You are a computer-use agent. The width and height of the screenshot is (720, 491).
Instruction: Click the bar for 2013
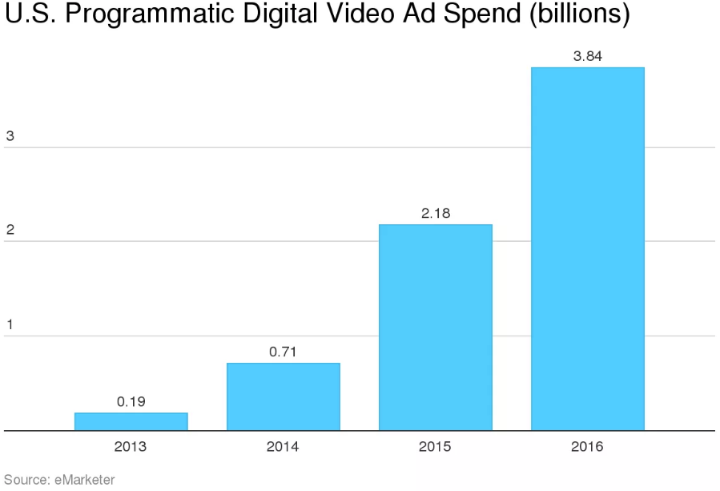131,421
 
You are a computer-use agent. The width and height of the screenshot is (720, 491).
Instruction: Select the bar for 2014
283,396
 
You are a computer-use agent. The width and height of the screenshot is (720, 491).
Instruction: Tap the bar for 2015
435,327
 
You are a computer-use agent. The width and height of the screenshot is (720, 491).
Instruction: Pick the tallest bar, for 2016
587,248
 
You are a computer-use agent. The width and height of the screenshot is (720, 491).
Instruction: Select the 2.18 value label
435,214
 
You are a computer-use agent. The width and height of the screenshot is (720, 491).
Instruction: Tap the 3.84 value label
587,56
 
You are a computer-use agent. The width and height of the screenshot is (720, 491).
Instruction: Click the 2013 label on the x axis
131,447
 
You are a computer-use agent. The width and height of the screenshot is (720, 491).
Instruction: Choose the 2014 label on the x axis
283,447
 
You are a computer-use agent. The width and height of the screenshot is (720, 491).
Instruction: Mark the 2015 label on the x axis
435,447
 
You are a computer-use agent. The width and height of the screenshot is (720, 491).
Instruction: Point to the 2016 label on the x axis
587,447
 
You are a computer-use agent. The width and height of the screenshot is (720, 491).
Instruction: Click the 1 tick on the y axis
10,325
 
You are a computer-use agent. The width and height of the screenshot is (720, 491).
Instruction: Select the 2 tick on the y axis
10,231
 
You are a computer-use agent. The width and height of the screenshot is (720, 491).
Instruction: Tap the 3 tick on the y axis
10,136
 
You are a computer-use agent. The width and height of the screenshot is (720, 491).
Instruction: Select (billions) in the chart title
577,16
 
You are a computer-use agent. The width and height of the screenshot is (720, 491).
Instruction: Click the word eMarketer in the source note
83,480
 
